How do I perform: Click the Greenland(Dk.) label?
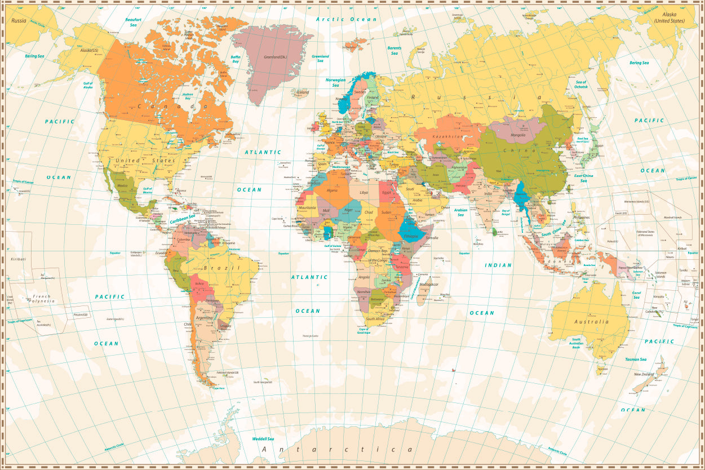pyautogui.click(x=276, y=57)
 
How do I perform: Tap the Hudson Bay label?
pyautogui.click(x=188, y=96)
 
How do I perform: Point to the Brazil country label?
pyautogui.click(x=221, y=268)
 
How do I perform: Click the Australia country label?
pyautogui.click(x=591, y=322)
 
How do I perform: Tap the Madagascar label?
pyautogui.click(x=429, y=285)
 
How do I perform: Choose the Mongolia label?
pyautogui.click(x=518, y=135)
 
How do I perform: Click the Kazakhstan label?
pyautogui.click(x=447, y=136)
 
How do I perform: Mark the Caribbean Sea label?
pyautogui.click(x=183, y=219)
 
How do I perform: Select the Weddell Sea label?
pyautogui.click(x=263, y=438)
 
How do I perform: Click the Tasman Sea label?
pyautogui.click(x=636, y=359)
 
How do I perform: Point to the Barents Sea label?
pyautogui.click(x=394, y=51)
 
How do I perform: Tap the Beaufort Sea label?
pyautogui.click(x=134, y=22)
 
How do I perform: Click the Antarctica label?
pyautogui.click(x=338, y=449)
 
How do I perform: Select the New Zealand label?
pyautogui.click(x=645, y=374)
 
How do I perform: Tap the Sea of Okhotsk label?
pyautogui.click(x=581, y=85)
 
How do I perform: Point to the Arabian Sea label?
pyautogui.click(x=460, y=212)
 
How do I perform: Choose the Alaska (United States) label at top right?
pyautogui.click(x=669, y=17)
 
